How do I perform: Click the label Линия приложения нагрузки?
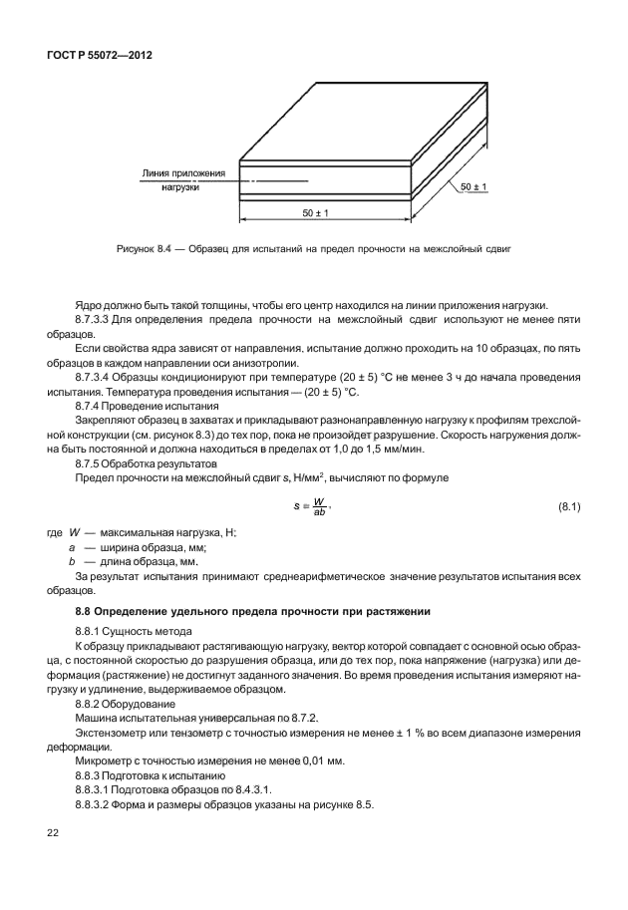pyautogui.click(x=183, y=179)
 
